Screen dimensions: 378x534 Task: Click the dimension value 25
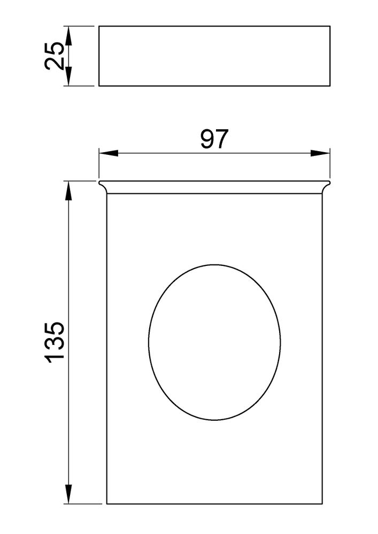[55, 56]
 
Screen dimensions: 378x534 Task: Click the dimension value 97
[214, 139]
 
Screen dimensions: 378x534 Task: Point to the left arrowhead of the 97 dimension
[109, 153]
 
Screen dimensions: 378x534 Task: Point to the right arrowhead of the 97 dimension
[320, 153]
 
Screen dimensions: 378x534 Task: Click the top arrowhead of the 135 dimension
[68, 191]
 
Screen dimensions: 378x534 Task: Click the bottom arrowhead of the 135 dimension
[68, 494]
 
